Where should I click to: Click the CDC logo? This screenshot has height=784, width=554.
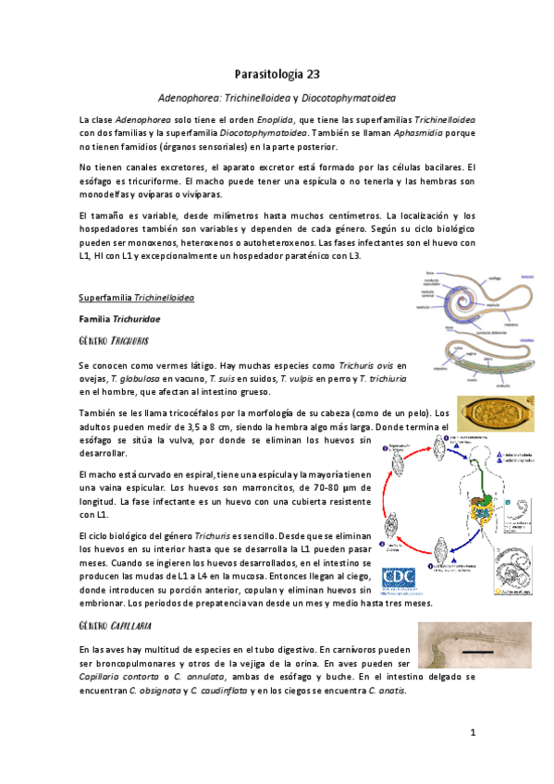coord(397,577)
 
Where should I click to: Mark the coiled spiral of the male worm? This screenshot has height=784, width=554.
coord(451,304)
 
